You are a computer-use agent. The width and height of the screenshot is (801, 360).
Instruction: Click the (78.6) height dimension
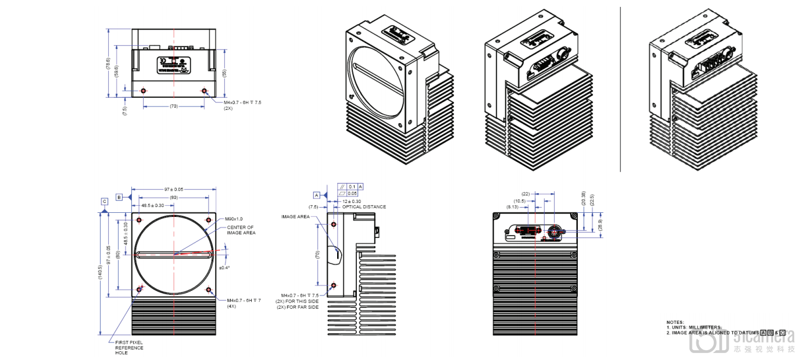tap(108, 63)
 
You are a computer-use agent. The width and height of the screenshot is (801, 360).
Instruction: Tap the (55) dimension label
tap(224, 72)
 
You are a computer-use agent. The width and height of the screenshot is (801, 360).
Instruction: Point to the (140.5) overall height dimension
tap(100, 271)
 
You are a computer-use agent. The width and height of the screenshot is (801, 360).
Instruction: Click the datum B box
tap(119, 197)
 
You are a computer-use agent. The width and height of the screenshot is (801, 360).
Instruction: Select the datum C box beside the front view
tap(104, 202)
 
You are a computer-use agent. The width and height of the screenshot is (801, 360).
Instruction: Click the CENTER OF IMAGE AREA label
tap(240, 230)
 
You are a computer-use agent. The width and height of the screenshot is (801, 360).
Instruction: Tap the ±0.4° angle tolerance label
tap(224, 268)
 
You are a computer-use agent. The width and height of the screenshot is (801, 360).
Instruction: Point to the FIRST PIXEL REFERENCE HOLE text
tap(128, 348)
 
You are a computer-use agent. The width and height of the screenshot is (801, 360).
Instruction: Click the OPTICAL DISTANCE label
tap(364, 206)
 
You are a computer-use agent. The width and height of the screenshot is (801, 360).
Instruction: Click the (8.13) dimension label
tap(513, 206)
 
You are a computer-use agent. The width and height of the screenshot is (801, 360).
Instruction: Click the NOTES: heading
tap(675, 322)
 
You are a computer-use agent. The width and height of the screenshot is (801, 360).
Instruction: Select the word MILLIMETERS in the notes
tap(707, 327)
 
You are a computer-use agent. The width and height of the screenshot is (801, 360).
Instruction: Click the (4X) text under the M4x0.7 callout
tap(232, 306)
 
